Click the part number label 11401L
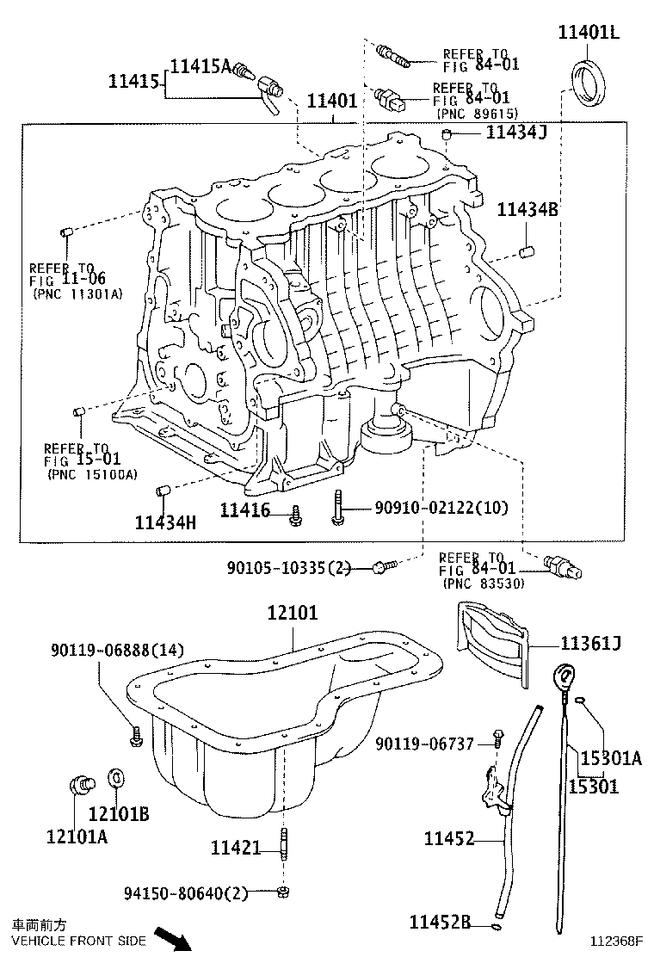(x=589, y=34)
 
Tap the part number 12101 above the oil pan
(x=292, y=613)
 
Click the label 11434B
(x=528, y=209)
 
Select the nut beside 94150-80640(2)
(x=283, y=892)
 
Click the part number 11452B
(x=439, y=923)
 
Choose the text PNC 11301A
(x=77, y=293)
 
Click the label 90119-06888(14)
(x=116, y=650)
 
